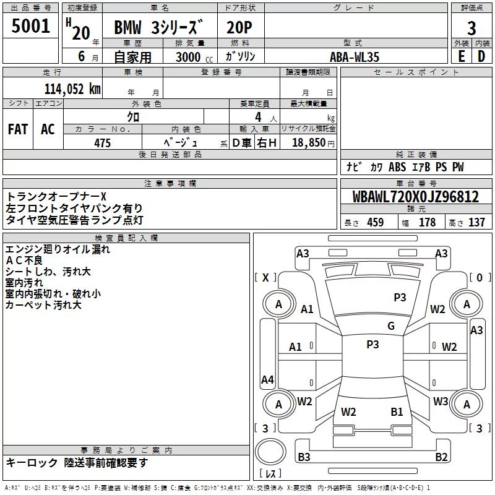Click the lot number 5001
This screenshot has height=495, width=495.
coord(30,26)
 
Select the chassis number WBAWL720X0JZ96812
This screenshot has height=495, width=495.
coord(416,196)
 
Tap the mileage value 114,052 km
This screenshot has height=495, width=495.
coord(72,88)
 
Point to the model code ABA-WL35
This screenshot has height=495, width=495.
coord(354,57)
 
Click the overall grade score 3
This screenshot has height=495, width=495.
coord(471,28)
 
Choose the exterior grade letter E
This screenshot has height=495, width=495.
coord(461,56)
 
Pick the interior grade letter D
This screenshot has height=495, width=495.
coord(481,56)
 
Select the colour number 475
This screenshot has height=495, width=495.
coord(102,143)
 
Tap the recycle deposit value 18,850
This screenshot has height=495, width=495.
coord(309,142)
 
